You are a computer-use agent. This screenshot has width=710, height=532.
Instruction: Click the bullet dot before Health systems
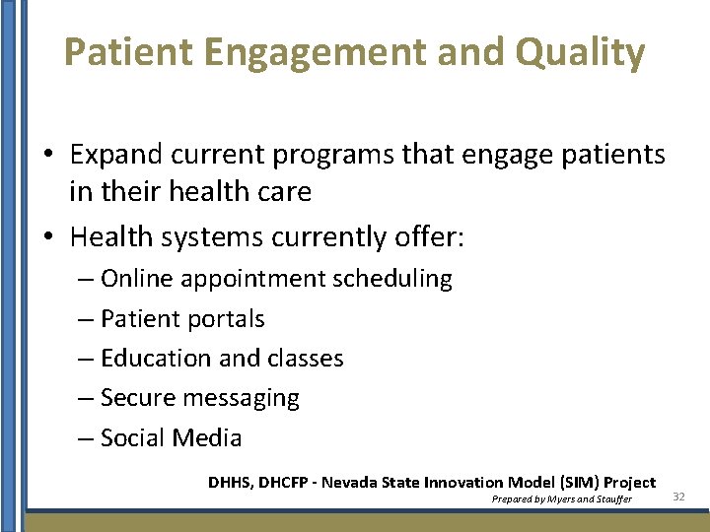pyautogui.click(x=49, y=237)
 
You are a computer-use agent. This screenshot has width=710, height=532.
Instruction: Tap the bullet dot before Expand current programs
pyautogui.click(x=49, y=155)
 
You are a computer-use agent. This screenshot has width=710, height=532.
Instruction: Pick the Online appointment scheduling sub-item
pyautogui.click(x=276, y=279)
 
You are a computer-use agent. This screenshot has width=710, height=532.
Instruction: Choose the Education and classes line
pyautogui.click(x=222, y=359)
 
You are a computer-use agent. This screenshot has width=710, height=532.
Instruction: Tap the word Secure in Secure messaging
pyautogui.click(x=138, y=398)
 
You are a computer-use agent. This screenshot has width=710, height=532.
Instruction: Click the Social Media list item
pyautogui.click(x=171, y=438)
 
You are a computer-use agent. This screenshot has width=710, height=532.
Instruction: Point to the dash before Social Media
pyautogui.click(x=86, y=439)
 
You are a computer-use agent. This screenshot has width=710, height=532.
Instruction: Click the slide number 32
pyautogui.click(x=677, y=498)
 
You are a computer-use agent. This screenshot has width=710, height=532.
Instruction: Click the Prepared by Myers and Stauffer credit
pyautogui.click(x=561, y=499)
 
